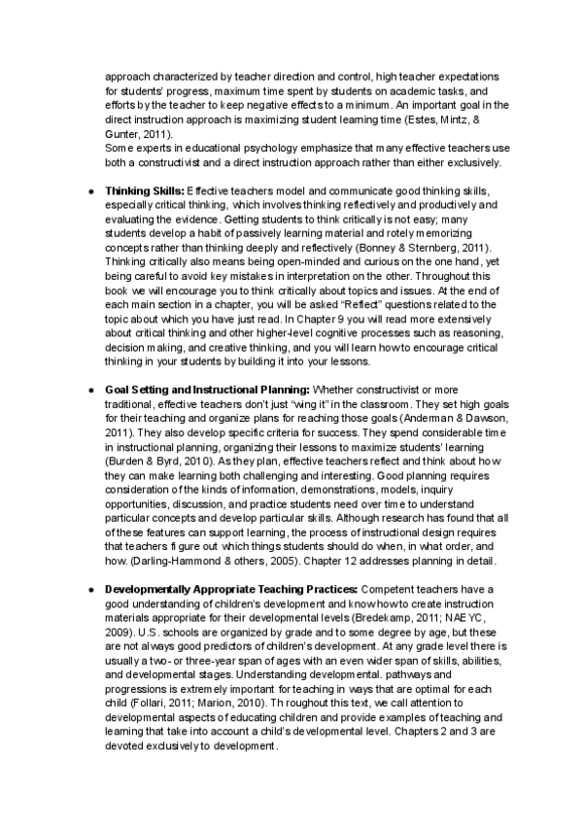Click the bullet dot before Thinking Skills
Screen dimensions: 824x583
coord(90,189)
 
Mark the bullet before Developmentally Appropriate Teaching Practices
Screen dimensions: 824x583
coord(90,589)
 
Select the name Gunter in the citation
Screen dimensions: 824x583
coord(123,132)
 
